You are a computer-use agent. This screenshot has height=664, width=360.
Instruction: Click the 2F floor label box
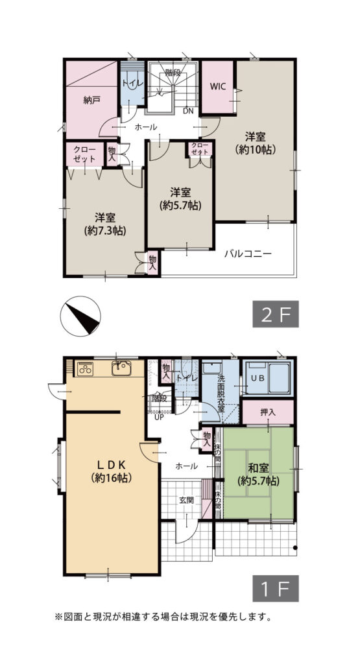coord(276,314)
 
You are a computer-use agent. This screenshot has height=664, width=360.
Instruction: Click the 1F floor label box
coord(276,588)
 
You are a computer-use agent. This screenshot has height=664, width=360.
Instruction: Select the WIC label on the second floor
coord(218,86)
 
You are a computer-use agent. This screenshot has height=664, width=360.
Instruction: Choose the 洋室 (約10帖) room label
coord(256,143)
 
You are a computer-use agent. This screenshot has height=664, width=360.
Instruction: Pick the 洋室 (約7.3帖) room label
coord(106,224)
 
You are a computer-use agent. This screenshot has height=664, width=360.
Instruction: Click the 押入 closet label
coord(268,412)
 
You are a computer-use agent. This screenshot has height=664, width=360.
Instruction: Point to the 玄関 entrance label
coord(186,500)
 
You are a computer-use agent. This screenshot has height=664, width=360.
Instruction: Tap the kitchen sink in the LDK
coord(121,368)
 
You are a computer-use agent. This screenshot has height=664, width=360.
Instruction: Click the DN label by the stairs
coord(189,112)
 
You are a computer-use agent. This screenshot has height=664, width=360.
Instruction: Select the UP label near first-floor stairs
coord(159,418)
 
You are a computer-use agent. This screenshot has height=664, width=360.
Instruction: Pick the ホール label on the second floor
coord(146,126)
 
